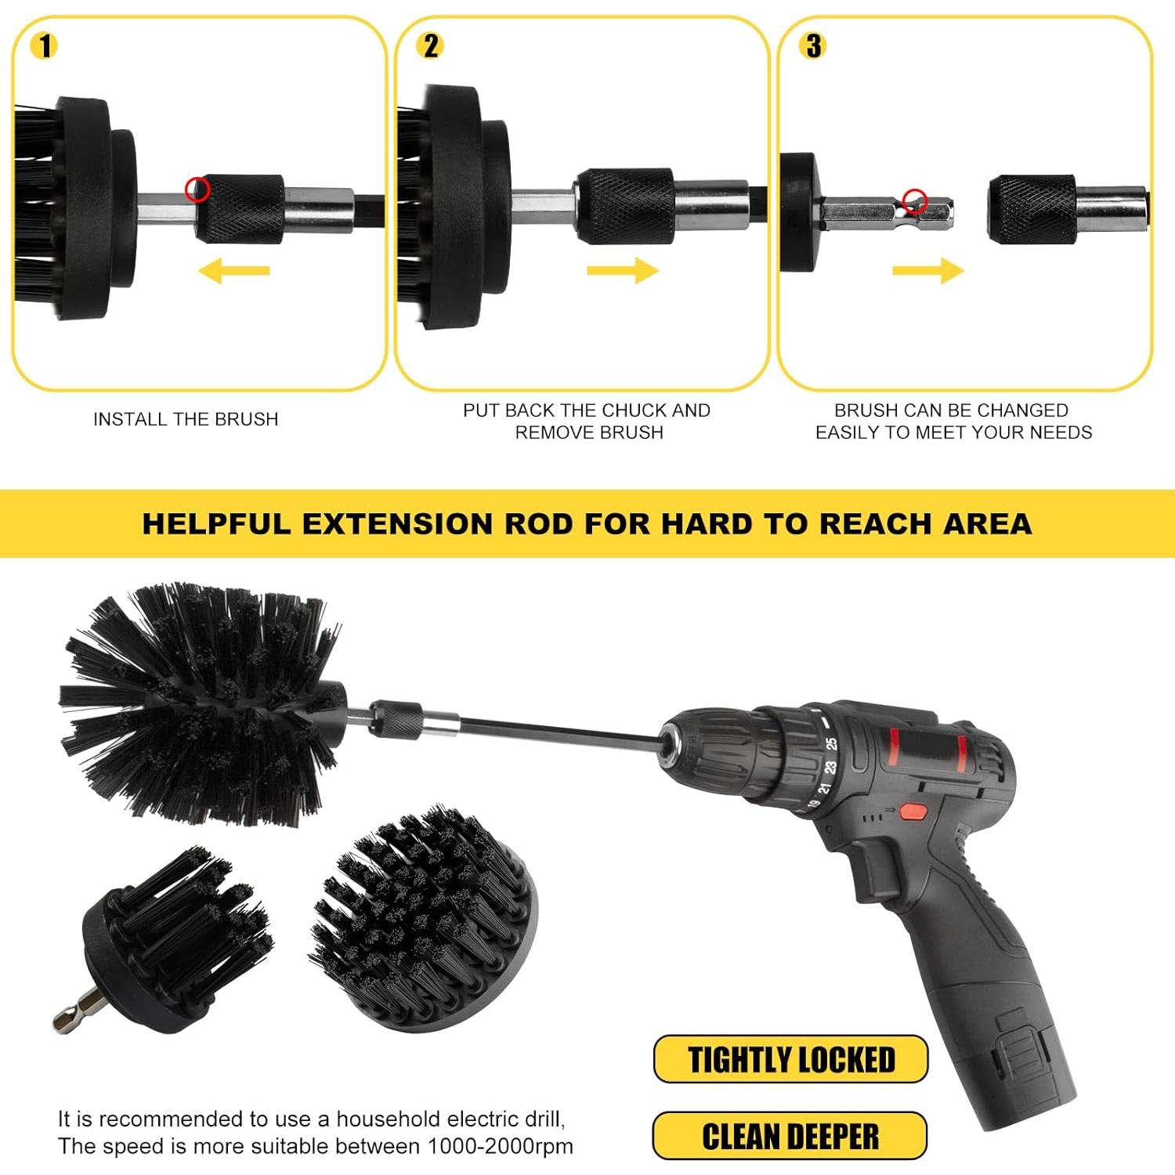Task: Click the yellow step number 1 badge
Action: click(45, 46)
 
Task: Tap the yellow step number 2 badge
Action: click(431, 46)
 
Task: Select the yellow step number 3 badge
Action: click(814, 46)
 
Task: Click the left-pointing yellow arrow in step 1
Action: click(233, 272)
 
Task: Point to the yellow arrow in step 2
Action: click(623, 271)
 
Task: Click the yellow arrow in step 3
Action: click(928, 271)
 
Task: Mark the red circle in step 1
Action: click(197, 190)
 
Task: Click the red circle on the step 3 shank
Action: click(914, 201)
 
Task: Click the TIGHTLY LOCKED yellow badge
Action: click(790, 1059)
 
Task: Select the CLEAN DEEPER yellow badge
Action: click(790, 1136)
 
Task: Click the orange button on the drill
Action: click(911, 812)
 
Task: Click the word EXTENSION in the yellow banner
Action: click(397, 523)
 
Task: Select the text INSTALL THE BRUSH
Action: click(186, 419)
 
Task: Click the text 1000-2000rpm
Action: click(500, 1146)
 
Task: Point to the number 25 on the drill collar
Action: click(831, 743)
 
